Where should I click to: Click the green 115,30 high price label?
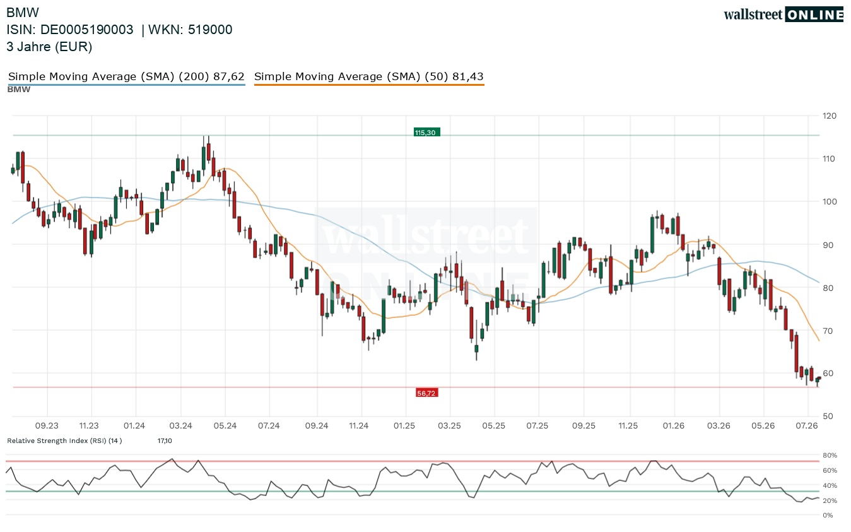pyautogui.click(x=426, y=133)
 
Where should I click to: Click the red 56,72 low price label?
pyautogui.click(x=426, y=393)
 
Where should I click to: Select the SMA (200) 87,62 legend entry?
pyautogui.click(x=126, y=77)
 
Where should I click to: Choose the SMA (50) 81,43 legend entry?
pyautogui.click(x=369, y=77)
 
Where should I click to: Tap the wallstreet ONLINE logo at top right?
pyautogui.click(x=784, y=15)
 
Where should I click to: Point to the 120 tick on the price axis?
pyautogui.click(x=830, y=116)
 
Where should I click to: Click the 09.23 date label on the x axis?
pyautogui.click(x=47, y=425)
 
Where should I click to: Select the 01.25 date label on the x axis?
pyautogui.click(x=404, y=425)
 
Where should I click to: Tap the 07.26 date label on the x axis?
pyautogui.click(x=807, y=425)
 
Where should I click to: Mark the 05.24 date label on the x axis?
pyautogui.click(x=225, y=425)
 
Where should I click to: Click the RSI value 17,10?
pyautogui.click(x=165, y=440)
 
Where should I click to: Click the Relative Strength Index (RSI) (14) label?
pyautogui.click(x=64, y=440)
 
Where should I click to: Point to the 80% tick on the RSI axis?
pyautogui.click(x=830, y=455)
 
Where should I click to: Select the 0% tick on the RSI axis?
pyautogui.click(x=828, y=516)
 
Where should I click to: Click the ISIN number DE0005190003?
pyautogui.click(x=87, y=30)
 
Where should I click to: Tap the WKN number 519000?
pyautogui.click(x=210, y=30)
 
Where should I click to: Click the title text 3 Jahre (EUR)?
pyautogui.click(x=49, y=47)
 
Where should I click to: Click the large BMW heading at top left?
pyautogui.click(x=23, y=13)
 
